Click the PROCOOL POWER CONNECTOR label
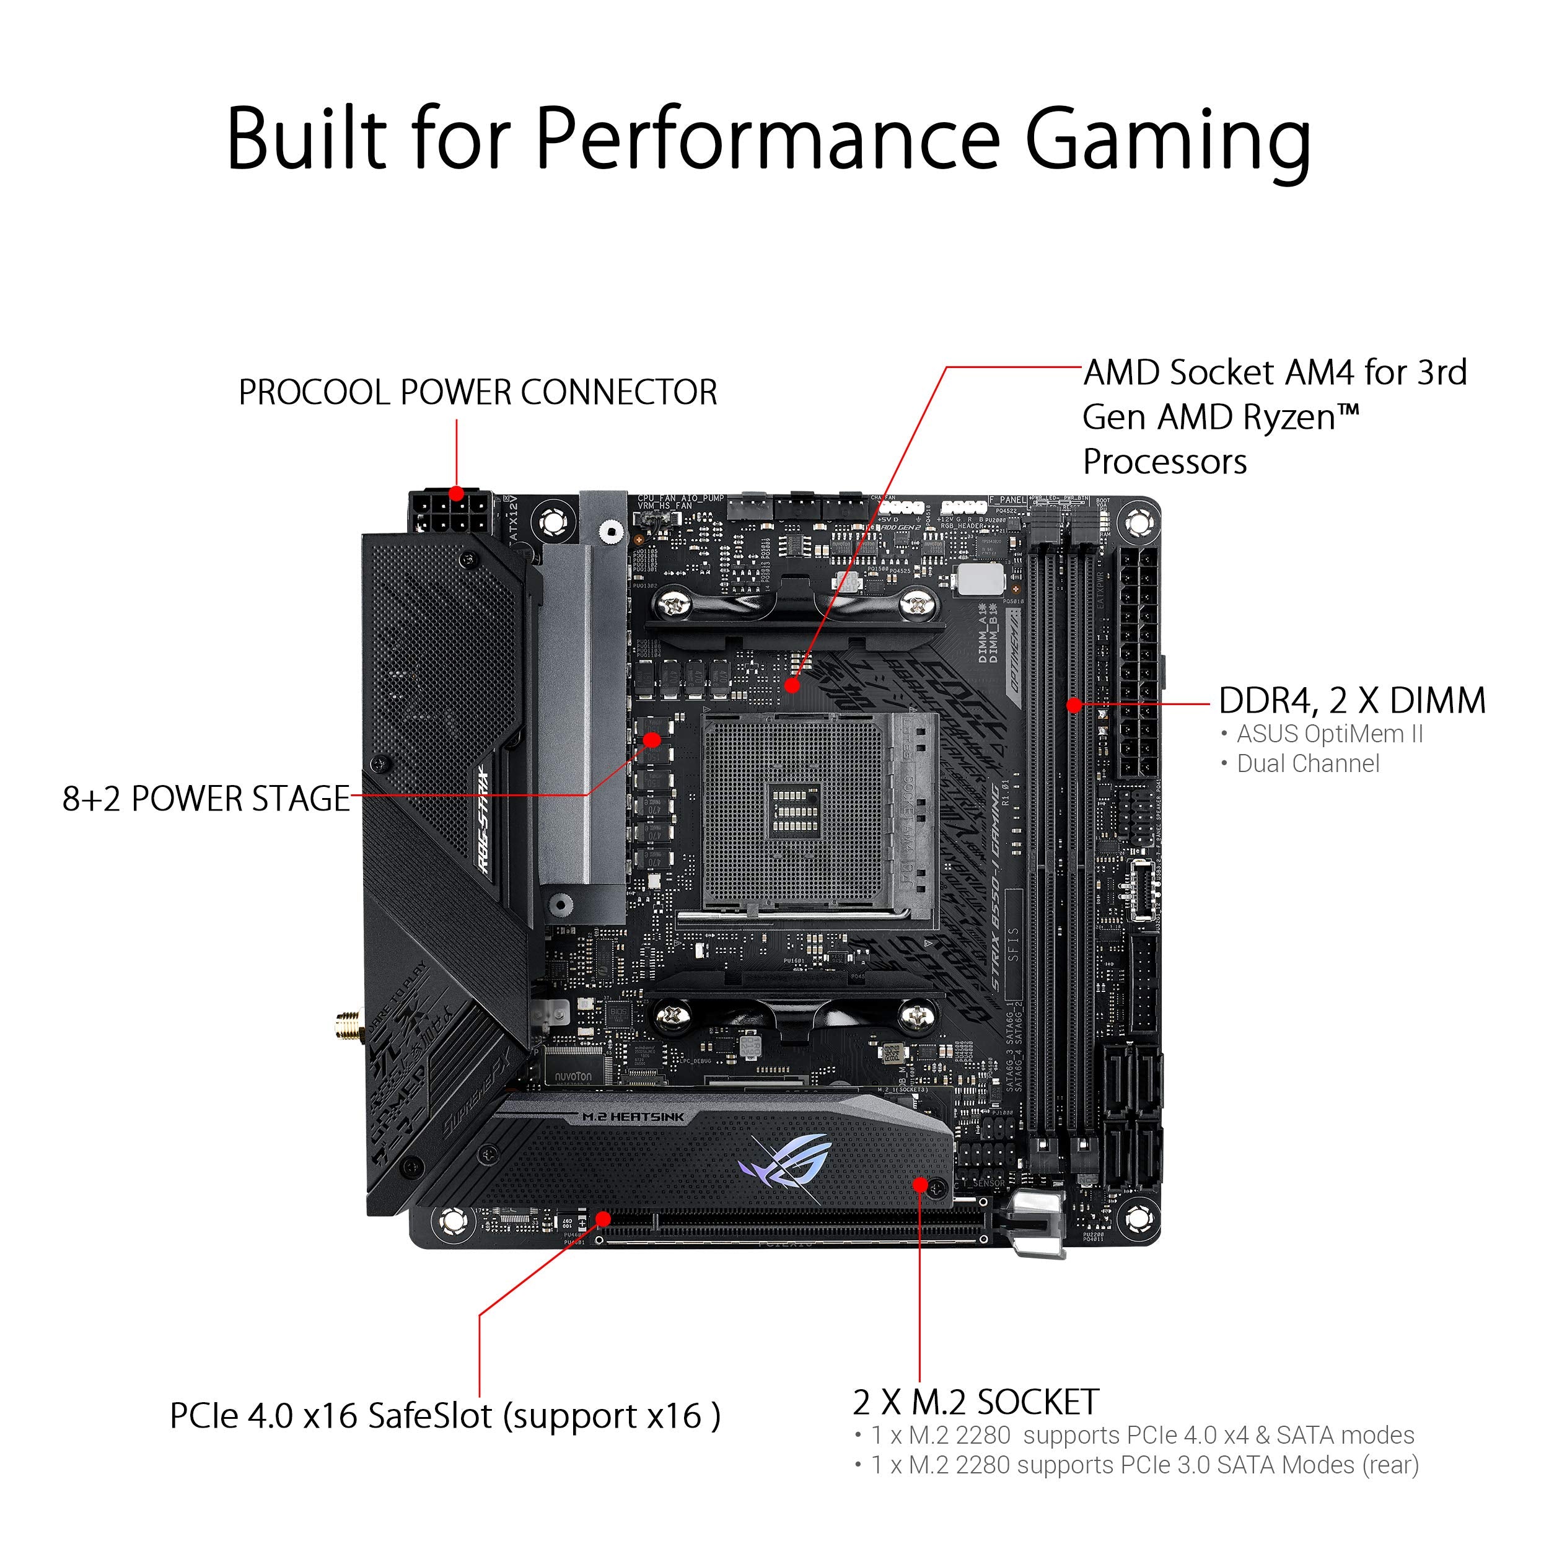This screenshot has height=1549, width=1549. tap(478, 393)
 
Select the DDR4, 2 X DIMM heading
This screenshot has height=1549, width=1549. tap(1352, 701)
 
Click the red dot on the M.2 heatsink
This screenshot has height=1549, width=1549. tap(921, 1185)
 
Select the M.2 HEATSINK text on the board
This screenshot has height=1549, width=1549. tap(633, 1117)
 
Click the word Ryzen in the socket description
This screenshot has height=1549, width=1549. tap(1284, 418)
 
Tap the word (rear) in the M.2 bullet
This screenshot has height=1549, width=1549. tap(1391, 1465)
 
